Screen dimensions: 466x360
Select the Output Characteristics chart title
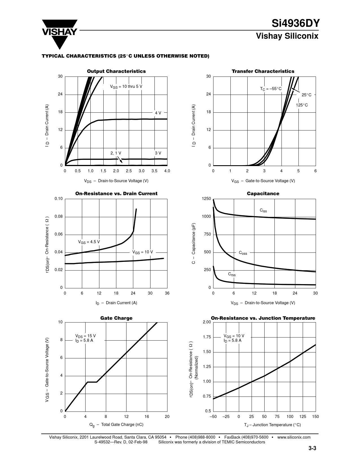(116, 71)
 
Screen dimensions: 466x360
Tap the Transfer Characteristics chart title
(263, 71)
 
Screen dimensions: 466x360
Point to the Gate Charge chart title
(116, 318)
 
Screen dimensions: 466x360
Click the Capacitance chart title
(263, 194)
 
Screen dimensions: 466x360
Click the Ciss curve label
(263, 210)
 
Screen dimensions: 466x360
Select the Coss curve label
(243, 253)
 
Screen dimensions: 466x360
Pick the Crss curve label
(232, 274)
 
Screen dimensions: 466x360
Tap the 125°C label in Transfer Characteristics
(302, 105)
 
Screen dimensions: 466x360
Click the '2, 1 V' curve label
(116, 153)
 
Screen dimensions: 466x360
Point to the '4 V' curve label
(158, 113)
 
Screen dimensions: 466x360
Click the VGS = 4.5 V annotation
(89, 242)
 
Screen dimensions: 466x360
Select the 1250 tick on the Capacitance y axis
(206, 199)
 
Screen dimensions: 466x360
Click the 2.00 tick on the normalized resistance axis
(207, 322)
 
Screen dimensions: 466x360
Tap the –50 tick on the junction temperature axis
(213, 417)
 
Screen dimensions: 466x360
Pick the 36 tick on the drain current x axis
(167, 293)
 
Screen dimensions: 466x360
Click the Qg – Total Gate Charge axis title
(116, 425)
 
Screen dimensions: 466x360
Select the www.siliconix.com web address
(294, 437)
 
